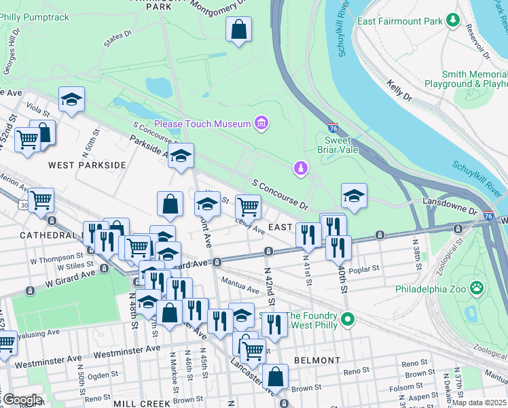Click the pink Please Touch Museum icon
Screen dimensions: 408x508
pos(261,123)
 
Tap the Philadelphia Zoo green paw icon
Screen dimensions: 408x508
pos(477,288)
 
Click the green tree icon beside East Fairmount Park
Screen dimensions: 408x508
pos(453,21)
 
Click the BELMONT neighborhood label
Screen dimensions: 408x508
pos(316,360)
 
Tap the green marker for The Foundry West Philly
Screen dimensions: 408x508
pos(348,318)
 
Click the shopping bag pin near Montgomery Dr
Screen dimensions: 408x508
pos(238,30)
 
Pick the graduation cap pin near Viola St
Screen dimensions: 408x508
pos(71,100)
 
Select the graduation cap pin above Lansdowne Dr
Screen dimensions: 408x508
pos(354,197)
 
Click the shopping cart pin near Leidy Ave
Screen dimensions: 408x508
pos(249,206)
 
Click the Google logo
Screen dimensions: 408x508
pos(22,400)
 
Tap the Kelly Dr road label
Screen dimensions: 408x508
pos(399,92)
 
